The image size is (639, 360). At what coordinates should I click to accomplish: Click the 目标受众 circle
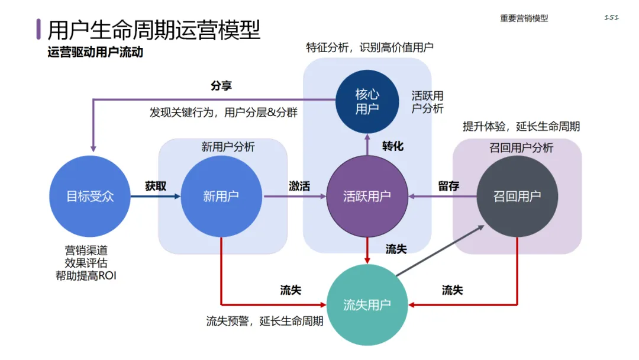(x=90, y=196)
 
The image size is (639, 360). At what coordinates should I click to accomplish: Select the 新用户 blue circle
(x=221, y=196)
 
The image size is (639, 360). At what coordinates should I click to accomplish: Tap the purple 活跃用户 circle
(x=367, y=196)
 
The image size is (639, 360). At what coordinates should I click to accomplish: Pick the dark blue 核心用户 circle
(x=367, y=101)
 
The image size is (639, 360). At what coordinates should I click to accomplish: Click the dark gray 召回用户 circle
(x=517, y=196)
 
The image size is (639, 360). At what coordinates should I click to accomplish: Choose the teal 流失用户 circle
(x=367, y=305)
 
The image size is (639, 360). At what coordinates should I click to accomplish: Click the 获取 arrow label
(x=156, y=186)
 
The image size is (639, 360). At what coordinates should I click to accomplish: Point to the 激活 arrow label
(x=299, y=186)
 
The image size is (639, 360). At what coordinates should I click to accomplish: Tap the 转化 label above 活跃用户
(x=393, y=146)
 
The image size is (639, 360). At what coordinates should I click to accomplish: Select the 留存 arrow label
(x=448, y=186)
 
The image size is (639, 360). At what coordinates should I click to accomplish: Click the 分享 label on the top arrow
(x=221, y=85)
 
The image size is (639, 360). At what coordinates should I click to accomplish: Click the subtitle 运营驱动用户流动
(x=95, y=52)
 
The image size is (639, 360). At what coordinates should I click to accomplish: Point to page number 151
(x=611, y=17)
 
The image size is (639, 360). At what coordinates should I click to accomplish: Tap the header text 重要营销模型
(x=524, y=18)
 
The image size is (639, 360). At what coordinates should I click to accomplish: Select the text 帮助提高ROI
(x=91, y=275)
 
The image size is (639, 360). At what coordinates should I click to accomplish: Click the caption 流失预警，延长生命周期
(x=264, y=322)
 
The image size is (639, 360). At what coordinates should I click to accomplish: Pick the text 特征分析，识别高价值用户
(x=370, y=47)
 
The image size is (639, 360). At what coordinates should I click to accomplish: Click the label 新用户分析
(x=228, y=147)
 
